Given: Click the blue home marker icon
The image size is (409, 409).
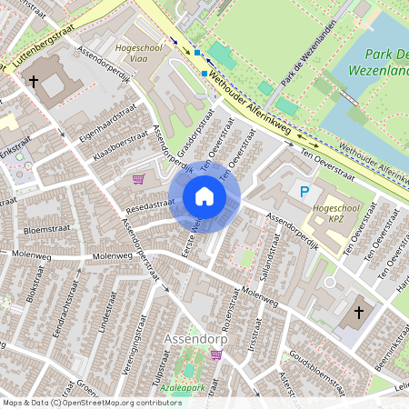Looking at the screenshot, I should point(204,196).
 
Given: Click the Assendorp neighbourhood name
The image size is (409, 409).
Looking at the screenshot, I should point(195,340).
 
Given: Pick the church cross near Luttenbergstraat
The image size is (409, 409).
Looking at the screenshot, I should point(33,82).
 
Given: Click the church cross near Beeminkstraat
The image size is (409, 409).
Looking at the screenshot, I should point(358,313).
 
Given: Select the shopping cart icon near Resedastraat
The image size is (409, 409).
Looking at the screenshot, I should point(138,179).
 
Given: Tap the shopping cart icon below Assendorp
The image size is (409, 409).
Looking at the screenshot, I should point(216,354).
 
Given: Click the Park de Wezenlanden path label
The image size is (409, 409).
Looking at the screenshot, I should point(304,68).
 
